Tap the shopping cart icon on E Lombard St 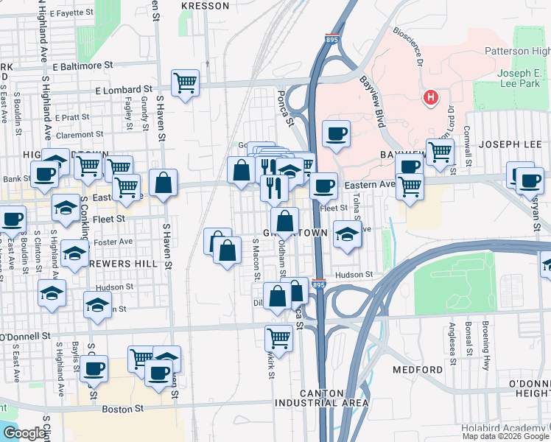click(185, 83)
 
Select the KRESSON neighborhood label click(206, 5)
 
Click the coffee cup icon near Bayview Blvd click(336, 134)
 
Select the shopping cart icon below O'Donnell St click(278, 338)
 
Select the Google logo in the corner click(24, 433)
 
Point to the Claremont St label click(79, 135)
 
